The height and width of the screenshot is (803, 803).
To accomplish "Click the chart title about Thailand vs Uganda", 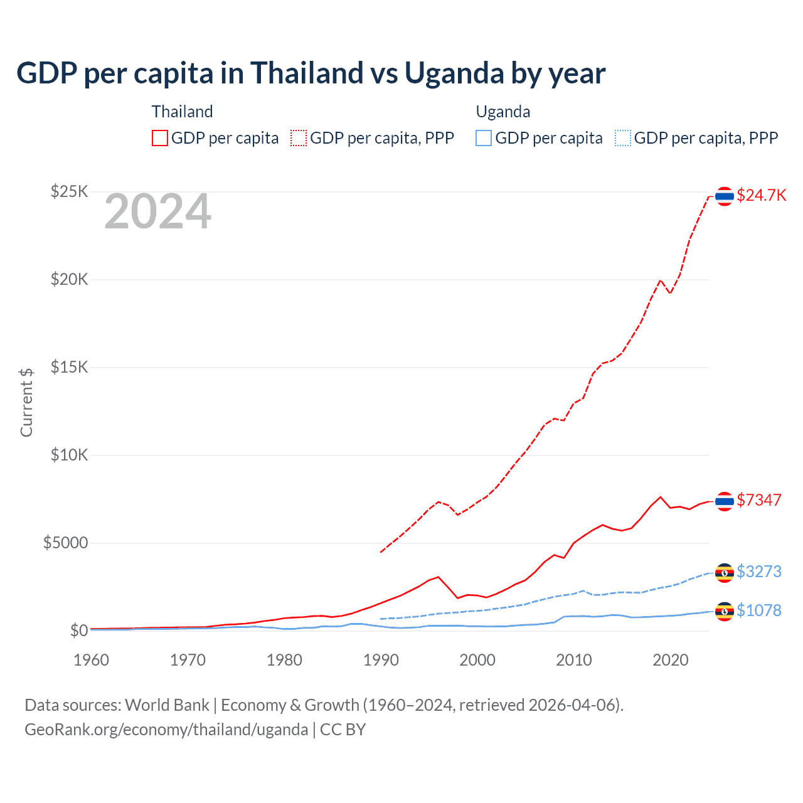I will point(311,73).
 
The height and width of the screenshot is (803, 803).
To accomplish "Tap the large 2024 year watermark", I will point(157,212).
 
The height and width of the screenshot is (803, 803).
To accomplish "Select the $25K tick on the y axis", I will point(69,191).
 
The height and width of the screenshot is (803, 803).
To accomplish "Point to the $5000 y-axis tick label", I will point(65,543).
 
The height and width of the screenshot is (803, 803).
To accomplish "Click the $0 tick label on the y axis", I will point(78,630).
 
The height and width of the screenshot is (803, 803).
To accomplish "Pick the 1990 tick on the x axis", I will point(381,660).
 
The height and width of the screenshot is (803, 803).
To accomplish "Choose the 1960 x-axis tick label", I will point(92,660).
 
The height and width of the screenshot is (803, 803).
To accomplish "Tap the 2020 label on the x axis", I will point(671,660).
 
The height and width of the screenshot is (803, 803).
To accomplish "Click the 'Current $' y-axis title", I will point(26,402).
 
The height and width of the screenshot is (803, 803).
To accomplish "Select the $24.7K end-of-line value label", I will point(761,195).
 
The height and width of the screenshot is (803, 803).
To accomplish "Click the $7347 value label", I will point(759,500).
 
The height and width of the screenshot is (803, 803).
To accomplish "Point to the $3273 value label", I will point(759,572).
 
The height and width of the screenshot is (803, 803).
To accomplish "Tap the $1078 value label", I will point(759,610).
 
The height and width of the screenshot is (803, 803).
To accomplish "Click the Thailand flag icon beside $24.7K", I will point(725,196).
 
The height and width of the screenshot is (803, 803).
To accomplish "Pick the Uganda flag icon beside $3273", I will point(725,572).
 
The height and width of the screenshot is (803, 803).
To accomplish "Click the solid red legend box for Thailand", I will point(160,138).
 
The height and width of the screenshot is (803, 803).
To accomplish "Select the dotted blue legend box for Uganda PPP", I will point(623,138).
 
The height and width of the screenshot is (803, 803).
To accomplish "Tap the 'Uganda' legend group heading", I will point(503,112).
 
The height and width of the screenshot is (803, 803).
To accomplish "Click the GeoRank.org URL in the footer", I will point(166,730).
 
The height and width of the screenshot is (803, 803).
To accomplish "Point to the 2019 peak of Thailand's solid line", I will point(660,497).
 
